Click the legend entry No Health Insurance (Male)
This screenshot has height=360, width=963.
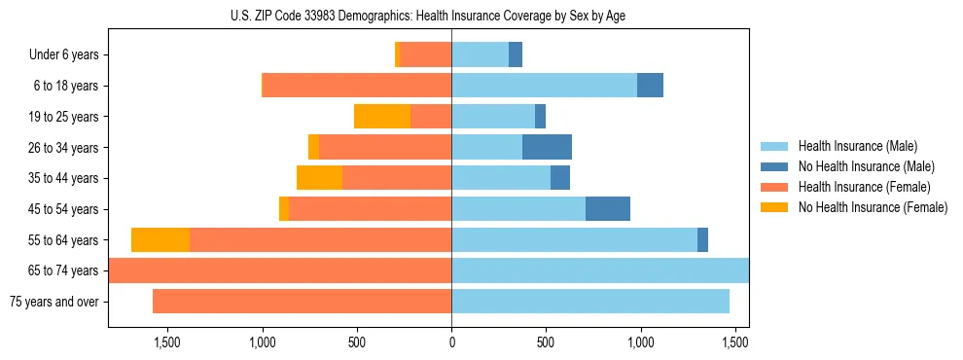(x=866, y=166)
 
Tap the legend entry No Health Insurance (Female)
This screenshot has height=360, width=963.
(x=873, y=207)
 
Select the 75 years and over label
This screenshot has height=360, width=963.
(x=54, y=302)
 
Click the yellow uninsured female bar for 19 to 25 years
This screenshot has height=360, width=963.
(x=382, y=117)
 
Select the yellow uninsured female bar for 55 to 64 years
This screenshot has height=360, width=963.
(x=160, y=239)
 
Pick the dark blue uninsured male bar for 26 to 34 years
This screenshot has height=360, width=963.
(x=547, y=147)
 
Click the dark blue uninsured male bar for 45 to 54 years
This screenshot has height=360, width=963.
(x=608, y=208)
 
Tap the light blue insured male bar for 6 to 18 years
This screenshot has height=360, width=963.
(x=544, y=86)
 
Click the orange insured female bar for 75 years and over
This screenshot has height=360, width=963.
(x=302, y=302)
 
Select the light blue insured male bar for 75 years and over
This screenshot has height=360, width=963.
(x=590, y=302)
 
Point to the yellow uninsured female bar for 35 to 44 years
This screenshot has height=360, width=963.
(x=319, y=178)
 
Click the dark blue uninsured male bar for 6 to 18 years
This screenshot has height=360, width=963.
(x=650, y=86)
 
